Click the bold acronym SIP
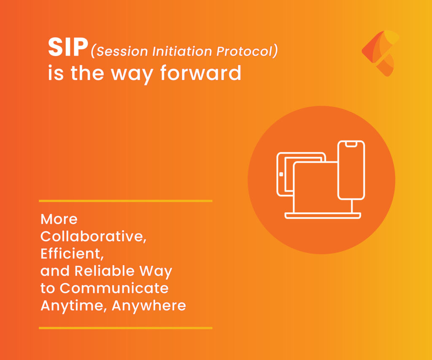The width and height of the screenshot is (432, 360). click(x=68, y=47)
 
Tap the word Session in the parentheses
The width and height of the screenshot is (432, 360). click(x=122, y=51)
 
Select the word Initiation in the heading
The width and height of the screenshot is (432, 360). click(x=182, y=51)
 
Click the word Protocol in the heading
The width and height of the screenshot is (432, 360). click(x=244, y=51)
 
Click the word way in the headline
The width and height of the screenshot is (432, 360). click(x=132, y=75)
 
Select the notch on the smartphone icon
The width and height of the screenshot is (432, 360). click(x=351, y=144)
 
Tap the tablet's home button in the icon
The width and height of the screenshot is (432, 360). click(x=281, y=174)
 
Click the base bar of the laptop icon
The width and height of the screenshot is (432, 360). click(x=323, y=216)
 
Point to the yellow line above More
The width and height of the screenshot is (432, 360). click(x=126, y=201)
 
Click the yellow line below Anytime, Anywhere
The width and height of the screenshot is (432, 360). click(x=126, y=328)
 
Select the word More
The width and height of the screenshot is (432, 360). click(x=59, y=219)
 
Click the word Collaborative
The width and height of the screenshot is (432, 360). click(x=93, y=236)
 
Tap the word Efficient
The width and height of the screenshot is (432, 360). click(x=72, y=254)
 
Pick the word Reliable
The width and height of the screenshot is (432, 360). click(x=105, y=271)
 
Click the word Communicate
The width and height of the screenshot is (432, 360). click(x=114, y=288)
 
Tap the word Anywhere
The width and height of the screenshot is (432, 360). click(x=149, y=306)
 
